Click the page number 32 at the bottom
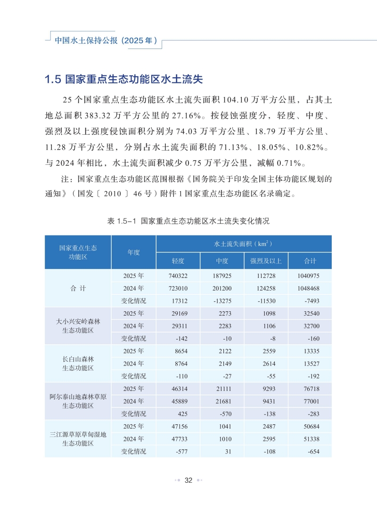point(188,480)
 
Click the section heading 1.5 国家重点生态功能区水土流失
point(123,79)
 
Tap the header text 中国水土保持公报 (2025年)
point(106,41)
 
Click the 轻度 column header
point(178,261)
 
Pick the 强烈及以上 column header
point(266,261)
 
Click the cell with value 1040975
point(309,276)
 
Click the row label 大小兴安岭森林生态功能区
point(78,326)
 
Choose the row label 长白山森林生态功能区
point(78,364)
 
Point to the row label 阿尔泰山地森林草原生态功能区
point(78,401)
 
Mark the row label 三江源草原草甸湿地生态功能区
point(78,439)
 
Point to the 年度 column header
point(133,252)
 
